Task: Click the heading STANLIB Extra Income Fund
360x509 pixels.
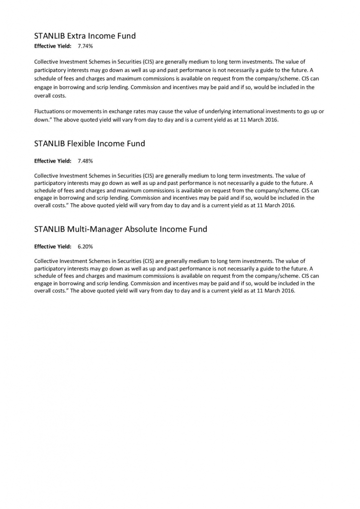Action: pos(85,36)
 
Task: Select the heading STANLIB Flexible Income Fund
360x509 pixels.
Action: pos(90,144)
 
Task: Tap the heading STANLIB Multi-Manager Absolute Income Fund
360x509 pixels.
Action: pos(120,229)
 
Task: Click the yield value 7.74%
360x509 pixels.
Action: pos(85,46)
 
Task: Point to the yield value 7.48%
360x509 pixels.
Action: pos(85,161)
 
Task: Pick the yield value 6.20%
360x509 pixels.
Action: pos(85,247)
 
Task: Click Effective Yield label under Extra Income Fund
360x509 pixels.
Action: pos(53,46)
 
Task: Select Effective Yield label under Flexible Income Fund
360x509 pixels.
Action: pos(53,161)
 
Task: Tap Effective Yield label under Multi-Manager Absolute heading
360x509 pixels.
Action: pos(53,247)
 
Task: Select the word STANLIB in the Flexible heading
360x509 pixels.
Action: pos(50,144)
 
